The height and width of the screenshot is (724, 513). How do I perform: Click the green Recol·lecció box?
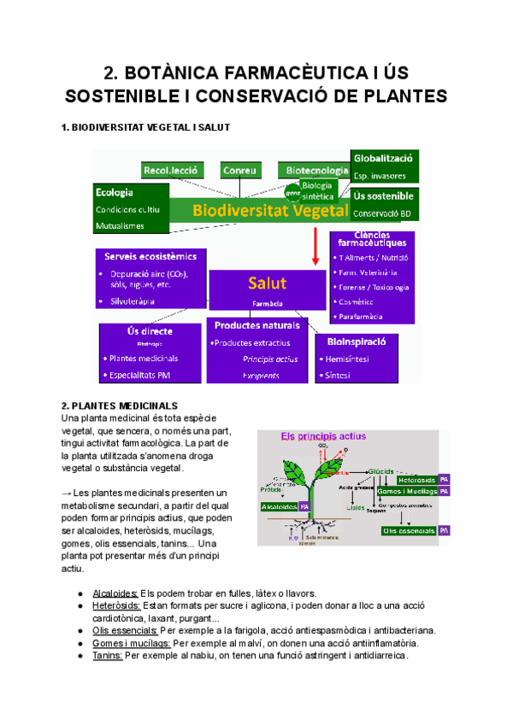(x=171, y=170)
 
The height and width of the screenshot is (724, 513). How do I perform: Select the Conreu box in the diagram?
(x=240, y=170)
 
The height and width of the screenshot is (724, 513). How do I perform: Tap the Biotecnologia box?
(x=317, y=170)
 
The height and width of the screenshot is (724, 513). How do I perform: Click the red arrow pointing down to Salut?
(x=316, y=247)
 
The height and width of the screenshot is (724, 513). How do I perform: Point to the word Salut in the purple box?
(x=267, y=283)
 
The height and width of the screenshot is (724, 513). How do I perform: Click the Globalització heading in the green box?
(x=384, y=158)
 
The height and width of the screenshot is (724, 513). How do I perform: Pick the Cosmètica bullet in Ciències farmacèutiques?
(x=361, y=302)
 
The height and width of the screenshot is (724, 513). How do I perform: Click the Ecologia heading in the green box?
(x=115, y=192)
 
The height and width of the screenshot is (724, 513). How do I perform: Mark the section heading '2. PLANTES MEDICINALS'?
(x=119, y=405)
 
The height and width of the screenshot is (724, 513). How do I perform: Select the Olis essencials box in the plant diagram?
(x=410, y=530)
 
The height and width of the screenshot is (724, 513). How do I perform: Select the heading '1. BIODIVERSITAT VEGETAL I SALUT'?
(x=146, y=127)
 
